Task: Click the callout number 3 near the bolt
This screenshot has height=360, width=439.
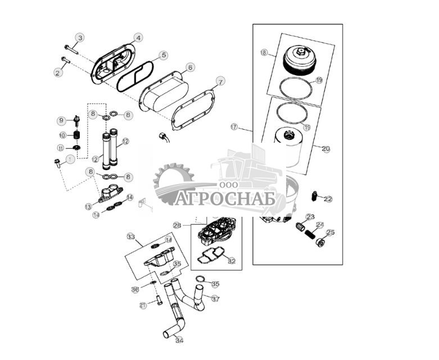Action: (x=80, y=38)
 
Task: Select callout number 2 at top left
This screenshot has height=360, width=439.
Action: (x=57, y=72)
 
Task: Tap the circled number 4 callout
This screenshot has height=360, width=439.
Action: (x=138, y=38)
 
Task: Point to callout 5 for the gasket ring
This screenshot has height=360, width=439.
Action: (x=163, y=55)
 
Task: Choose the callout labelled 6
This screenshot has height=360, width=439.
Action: (x=191, y=67)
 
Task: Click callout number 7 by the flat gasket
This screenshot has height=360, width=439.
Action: (x=220, y=82)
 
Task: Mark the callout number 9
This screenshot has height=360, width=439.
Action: (x=61, y=121)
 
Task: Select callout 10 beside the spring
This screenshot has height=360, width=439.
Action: (x=62, y=135)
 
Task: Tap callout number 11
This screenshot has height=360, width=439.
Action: (x=61, y=148)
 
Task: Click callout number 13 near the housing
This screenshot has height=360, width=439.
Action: (x=88, y=207)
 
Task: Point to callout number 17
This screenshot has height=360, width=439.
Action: (x=234, y=127)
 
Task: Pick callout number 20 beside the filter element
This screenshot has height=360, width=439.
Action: (x=326, y=149)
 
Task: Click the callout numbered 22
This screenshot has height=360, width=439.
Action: (x=328, y=199)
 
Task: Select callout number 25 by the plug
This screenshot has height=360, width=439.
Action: (x=331, y=232)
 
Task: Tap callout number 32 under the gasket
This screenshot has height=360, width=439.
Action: (x=232, y=261)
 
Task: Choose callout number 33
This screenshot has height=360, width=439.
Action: (x=131, y=237)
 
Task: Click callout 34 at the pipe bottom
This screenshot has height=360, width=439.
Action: (x=179, y=340)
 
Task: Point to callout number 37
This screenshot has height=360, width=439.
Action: (x=215, y=298)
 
